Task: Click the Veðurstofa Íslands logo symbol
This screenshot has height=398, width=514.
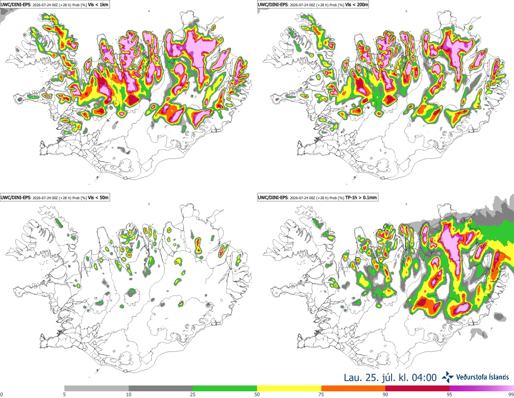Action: [447, 377]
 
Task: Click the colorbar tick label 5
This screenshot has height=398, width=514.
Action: [64, 394]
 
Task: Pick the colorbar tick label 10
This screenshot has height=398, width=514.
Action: [129, 394]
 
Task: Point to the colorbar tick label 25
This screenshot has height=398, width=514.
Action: [193, 394]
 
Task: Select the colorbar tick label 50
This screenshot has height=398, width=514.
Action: [257, 394]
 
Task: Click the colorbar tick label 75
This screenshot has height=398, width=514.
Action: [321, 394]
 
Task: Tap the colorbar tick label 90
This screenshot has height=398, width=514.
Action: [385, 394]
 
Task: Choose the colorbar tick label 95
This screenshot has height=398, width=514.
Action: [450, 394]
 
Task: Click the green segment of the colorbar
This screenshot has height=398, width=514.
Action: [225, 389]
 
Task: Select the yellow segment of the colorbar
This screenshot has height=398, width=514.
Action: [289, 389]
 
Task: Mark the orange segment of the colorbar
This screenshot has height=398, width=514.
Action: [354, 389]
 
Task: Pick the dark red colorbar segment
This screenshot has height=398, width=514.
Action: [417, 389]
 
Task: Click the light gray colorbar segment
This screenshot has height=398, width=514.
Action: [97, 389]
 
